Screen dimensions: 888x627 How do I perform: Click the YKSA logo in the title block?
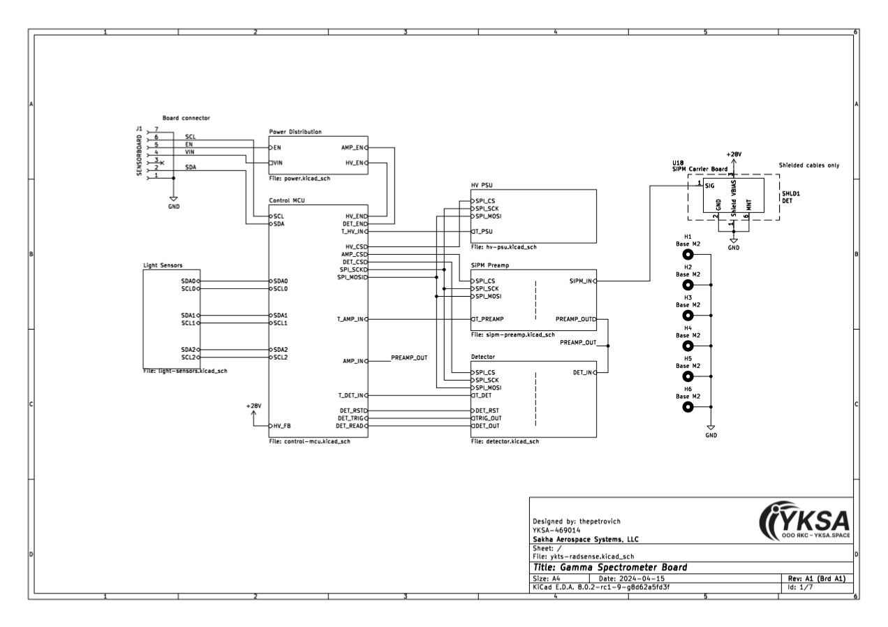804,521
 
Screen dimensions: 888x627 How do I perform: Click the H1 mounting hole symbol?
688,255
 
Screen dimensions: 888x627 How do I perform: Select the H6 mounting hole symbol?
688,407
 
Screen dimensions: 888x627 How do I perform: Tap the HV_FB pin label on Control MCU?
282,426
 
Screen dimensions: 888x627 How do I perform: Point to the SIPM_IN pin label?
580,281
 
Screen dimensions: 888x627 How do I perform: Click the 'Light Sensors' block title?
163,265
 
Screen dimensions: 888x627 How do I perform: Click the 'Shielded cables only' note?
808,165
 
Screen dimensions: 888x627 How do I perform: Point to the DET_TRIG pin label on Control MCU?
350,418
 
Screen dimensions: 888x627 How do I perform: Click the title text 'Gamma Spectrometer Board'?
623,568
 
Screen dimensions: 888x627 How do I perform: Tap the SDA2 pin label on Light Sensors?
188,350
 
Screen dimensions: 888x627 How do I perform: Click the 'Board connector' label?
186,118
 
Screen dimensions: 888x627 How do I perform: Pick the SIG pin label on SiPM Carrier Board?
709,186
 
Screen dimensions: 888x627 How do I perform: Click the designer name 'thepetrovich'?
600,522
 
